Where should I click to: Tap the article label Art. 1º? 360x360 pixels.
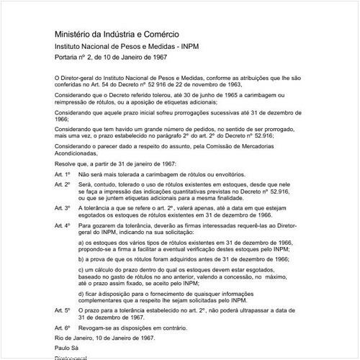(63, 175)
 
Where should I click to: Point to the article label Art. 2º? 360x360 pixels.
(63, 184)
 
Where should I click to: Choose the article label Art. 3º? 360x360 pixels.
(63, 208)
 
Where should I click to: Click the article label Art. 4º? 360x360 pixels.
(63, 225)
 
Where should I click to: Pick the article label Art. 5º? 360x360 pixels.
(63, 309)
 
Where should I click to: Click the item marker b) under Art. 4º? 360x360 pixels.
(82, 258)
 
